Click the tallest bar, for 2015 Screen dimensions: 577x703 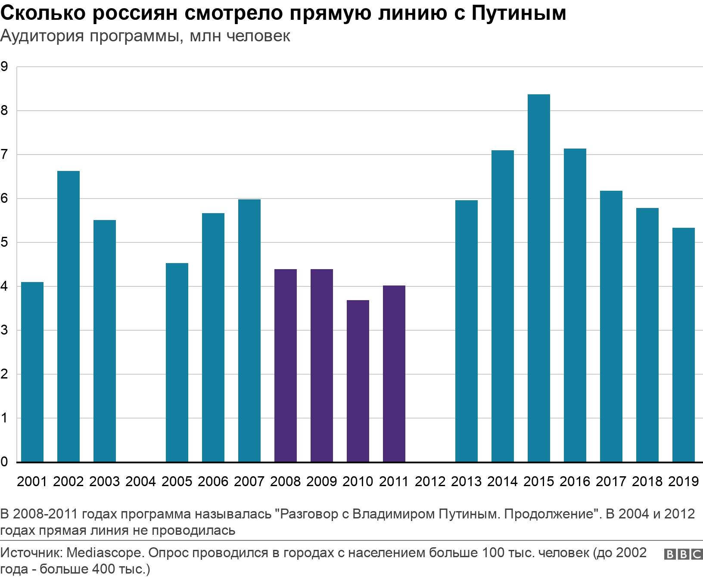point(538,278)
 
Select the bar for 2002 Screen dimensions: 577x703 point(68,316)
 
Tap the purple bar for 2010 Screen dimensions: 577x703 point(358,381)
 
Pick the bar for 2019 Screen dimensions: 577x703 point(683,345)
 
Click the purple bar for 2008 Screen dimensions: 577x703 point(285,366)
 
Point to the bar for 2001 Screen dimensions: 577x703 point(32,372)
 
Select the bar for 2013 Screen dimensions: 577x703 point(466,331)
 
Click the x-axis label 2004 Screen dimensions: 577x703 point(140,481)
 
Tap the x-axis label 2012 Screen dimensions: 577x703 point(430,481)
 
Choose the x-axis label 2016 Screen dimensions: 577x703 point(575,481)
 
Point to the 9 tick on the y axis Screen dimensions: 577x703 point(5,67)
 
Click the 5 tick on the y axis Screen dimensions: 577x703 point(5,242)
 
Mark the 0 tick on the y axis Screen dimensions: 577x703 point(5,462)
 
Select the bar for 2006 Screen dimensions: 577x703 point(213,338)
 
